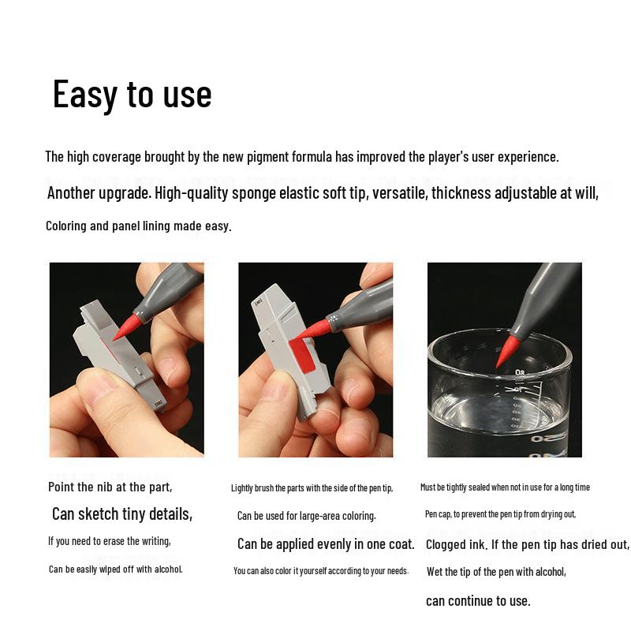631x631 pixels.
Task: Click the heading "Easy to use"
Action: coord(132,95)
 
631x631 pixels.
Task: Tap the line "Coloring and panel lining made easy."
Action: coord(138,226)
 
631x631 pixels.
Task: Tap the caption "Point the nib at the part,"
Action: coord(110,487)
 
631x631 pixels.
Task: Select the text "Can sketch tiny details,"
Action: coord(122,514)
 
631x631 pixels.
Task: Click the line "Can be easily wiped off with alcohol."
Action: coord(115,569)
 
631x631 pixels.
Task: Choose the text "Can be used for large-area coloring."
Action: coord(306,516)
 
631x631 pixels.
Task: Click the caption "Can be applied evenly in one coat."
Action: coord(326,544)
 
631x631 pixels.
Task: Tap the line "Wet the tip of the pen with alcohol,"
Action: coord(496,572)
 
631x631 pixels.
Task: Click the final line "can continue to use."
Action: coord(478,601)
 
